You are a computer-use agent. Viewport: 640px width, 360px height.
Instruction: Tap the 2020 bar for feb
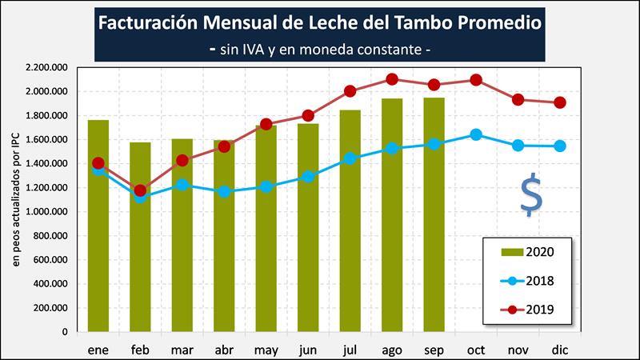click(x=140, y=237)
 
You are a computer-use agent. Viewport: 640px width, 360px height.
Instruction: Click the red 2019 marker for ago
click(x=392, y=79)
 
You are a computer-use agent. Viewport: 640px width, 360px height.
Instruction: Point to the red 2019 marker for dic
click(x=560, y=102)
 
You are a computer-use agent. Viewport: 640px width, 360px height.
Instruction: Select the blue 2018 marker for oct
click(x=476, y=134)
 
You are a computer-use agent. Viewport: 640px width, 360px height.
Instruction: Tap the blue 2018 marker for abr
click(x=224, y=191)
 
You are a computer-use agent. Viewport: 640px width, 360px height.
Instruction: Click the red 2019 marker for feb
click(x=140, y=190)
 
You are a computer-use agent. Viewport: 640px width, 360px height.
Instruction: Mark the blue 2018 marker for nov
click(x=518, y=146)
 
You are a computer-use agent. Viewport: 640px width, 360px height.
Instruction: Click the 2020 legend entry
click(x=529, y=252)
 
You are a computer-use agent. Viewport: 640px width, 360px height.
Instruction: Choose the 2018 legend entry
click(x=529, y=280)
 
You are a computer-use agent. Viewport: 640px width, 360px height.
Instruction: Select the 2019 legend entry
click(x=529, y=308)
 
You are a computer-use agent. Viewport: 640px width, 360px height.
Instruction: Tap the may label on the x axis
click(x=266, y=350)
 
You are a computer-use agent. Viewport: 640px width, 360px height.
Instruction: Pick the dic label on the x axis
click(x=560, y=350)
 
